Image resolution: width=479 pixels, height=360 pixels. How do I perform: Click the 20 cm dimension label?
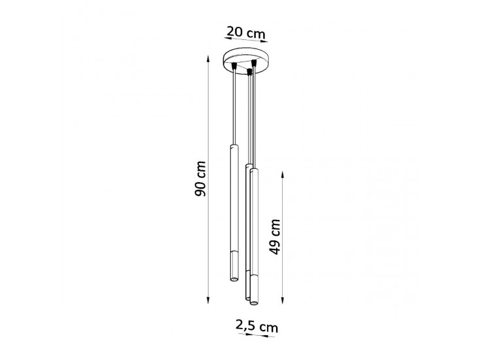[245, 32]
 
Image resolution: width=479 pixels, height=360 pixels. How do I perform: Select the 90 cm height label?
[200, 179]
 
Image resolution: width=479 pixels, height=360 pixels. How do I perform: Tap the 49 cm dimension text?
[275, 237]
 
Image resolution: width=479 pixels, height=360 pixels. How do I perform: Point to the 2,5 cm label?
[257, 326]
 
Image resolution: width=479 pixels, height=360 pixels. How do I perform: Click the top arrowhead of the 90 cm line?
[208, 58]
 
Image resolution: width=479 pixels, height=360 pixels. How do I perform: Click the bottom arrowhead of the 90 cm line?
[208, 300]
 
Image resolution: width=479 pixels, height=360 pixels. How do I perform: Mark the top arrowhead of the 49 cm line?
[283, 175]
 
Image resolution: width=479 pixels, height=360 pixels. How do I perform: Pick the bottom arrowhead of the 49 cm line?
[283, 300]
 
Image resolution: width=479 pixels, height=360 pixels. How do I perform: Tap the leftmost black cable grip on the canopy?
[234, 66]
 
